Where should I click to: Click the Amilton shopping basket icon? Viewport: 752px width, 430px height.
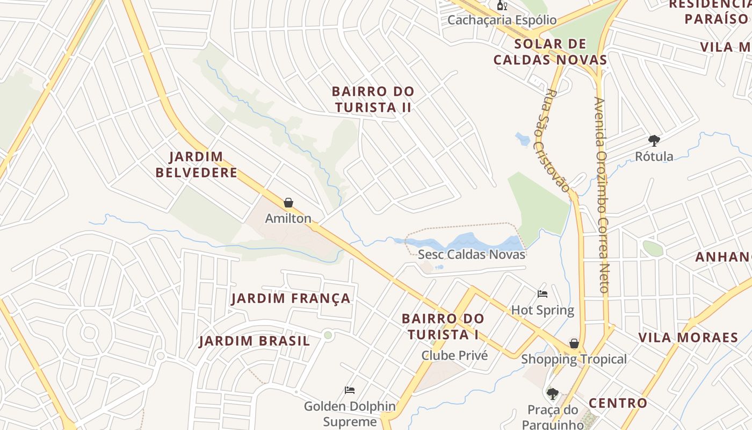click(288, 203)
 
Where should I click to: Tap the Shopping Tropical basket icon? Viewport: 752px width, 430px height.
click(574, 343)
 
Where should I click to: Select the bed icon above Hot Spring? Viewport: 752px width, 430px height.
click(543, 294)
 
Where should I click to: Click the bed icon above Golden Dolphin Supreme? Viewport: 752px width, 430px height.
click(350, 390)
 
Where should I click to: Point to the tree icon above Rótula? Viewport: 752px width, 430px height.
click(654, 141)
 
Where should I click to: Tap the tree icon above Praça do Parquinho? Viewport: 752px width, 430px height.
click(552, 394)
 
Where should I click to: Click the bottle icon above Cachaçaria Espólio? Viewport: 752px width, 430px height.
click(502, 6)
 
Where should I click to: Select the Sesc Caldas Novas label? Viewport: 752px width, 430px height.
click(472, 254)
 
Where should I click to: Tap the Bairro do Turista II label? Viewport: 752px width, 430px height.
click(373, 99)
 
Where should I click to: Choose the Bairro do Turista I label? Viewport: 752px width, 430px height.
click(443, 327)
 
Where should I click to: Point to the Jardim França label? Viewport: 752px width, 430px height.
click(291, 298)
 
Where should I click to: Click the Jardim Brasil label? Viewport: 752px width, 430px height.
click(255, 341)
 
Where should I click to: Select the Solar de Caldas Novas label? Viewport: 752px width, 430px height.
click(550, 52)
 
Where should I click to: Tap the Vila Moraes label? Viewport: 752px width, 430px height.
click(688, 338)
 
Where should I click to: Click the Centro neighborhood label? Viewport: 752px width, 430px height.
click(618, 403)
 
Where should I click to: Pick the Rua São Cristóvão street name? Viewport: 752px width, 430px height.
click(552, 140)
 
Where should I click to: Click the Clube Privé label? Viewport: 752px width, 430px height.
click(454, 355)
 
